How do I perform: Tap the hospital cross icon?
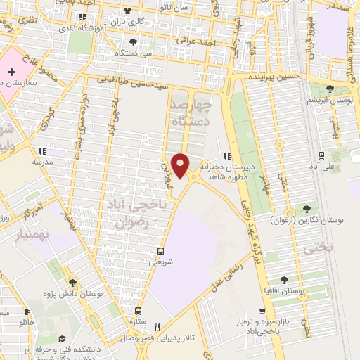(11, 72)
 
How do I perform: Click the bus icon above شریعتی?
(161, 251)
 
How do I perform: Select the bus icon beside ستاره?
(138, 311)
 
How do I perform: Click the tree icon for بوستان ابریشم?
(330, 89)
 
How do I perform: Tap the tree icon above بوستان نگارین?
(307, 208)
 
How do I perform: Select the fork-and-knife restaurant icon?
(157, 327)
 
